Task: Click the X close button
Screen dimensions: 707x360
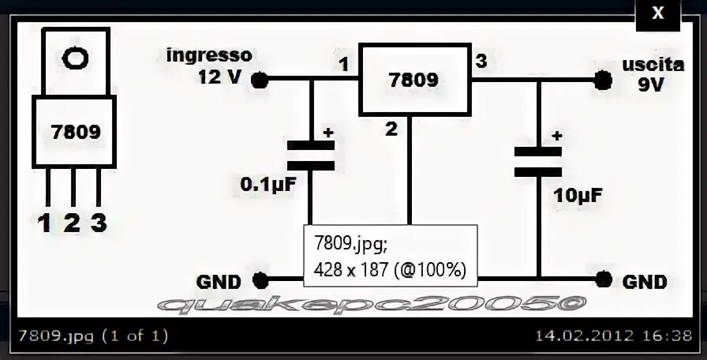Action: [657, 13]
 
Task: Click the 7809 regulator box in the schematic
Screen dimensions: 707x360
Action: [413, 80]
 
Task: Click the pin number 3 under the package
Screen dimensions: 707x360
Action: [99, 223]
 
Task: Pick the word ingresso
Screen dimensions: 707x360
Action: [209, 55]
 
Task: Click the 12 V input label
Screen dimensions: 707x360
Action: [221, 77]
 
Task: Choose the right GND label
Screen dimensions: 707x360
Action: [645, 281]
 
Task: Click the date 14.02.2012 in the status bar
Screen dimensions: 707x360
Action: [583, 336]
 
